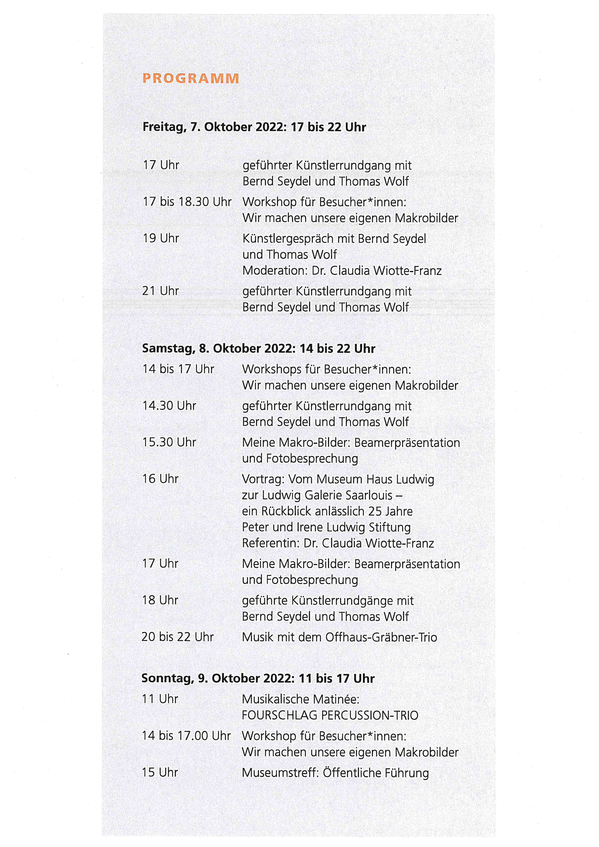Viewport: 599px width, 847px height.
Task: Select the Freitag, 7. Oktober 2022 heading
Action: click(254, 127)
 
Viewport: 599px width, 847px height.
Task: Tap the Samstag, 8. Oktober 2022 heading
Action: click(258, 349)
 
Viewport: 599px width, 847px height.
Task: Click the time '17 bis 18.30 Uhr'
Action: click(187, 202)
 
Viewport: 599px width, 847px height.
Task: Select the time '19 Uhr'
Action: click(161, 238)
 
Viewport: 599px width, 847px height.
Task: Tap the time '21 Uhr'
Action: click(160, 291)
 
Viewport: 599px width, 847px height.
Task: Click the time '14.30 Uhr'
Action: click(169, 406)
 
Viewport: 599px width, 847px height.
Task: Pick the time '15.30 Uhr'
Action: click(169, 442)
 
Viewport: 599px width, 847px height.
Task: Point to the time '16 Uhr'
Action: click(160, 479)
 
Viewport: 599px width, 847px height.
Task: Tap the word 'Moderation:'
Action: click(275, 271)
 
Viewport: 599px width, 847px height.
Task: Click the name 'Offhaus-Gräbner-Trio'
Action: click(381, 637)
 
